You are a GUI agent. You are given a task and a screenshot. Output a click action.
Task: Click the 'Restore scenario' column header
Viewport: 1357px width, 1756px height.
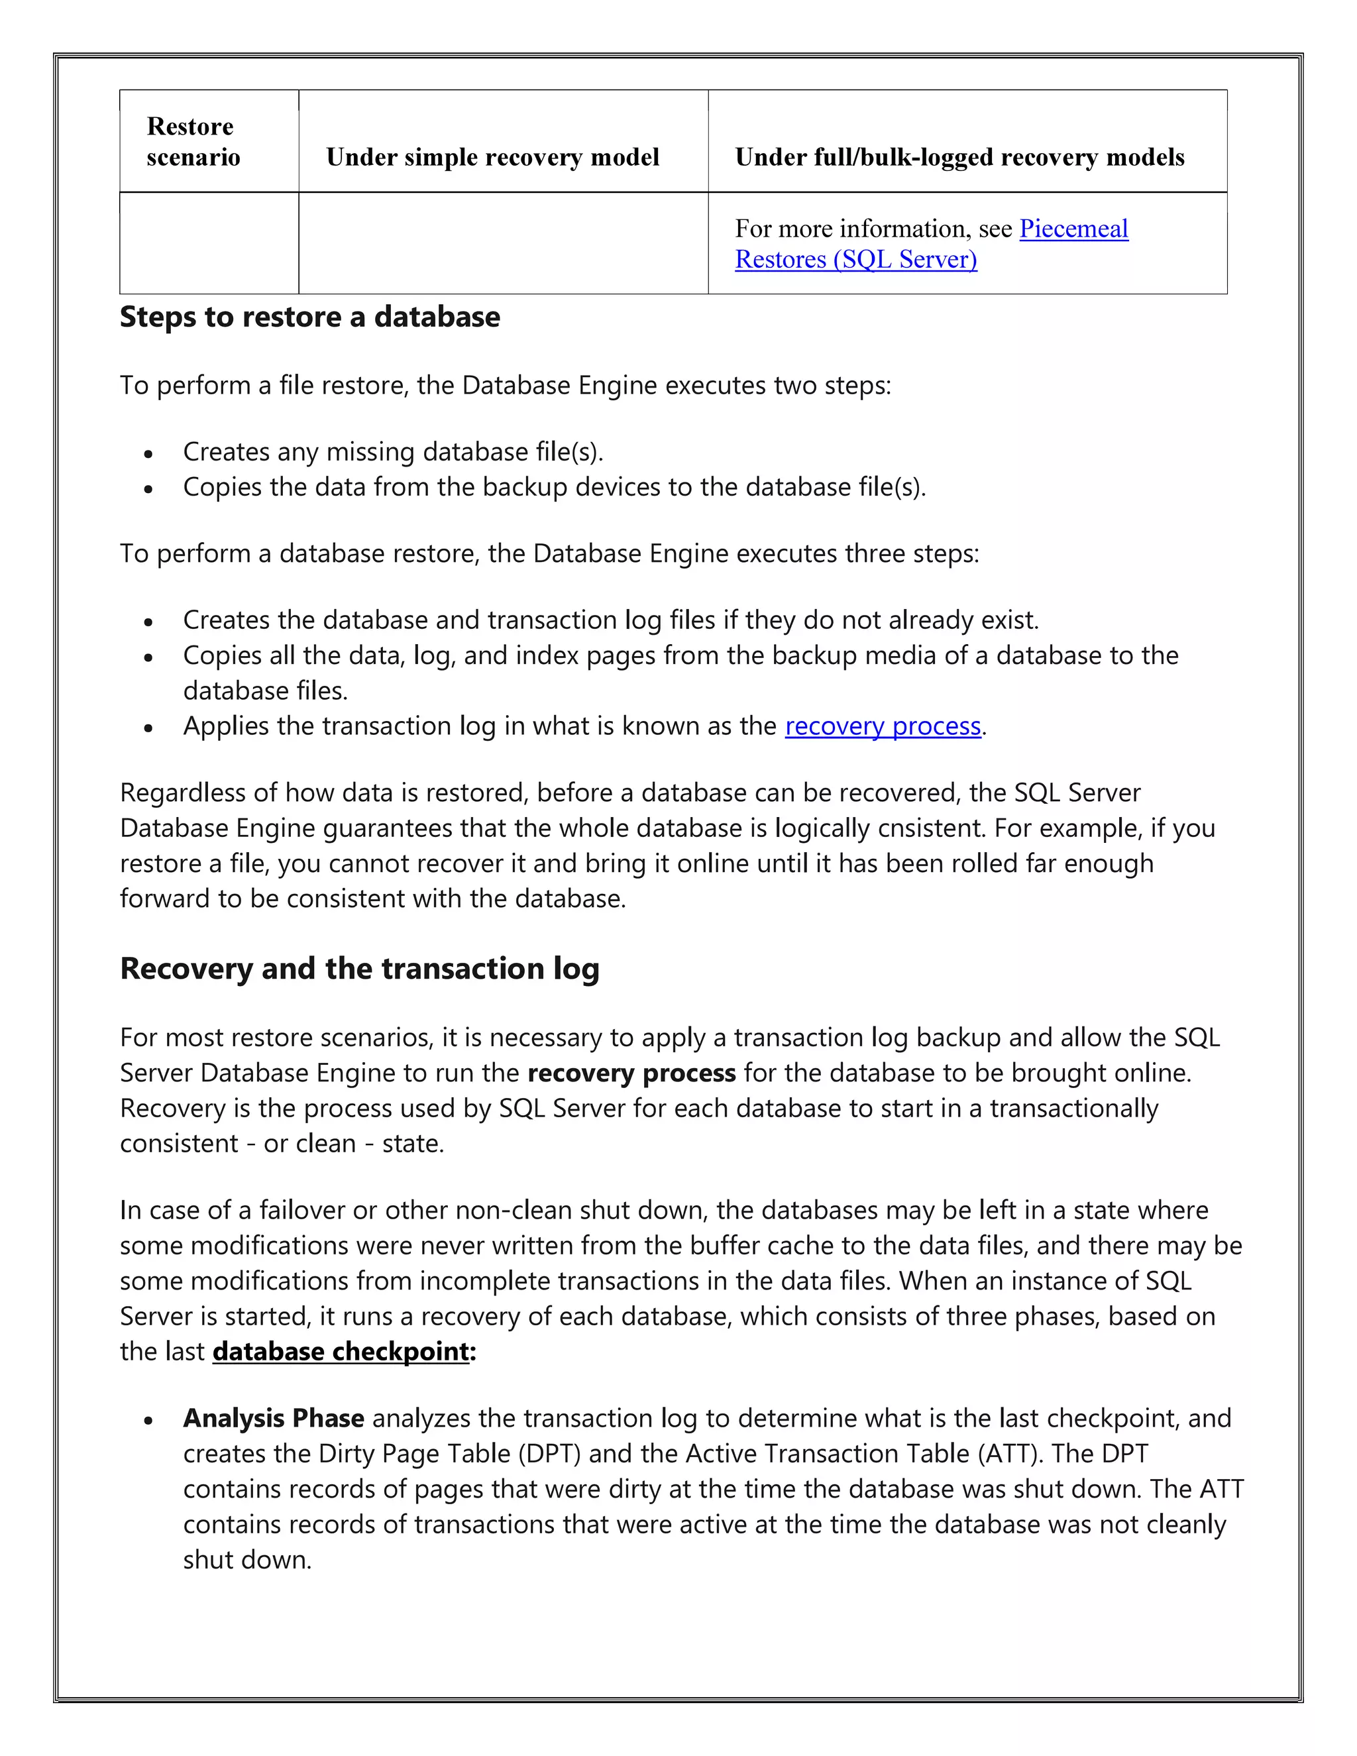193,142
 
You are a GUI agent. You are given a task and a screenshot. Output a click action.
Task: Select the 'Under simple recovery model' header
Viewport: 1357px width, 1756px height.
492,157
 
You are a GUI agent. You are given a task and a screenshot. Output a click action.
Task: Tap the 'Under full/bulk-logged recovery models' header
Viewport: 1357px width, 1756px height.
959,157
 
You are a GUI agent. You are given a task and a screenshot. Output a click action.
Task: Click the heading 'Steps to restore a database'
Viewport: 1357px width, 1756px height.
309,317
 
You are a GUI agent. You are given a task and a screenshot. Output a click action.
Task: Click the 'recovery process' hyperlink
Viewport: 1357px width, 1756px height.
883,726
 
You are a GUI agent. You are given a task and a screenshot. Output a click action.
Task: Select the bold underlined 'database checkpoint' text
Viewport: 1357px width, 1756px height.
341,1352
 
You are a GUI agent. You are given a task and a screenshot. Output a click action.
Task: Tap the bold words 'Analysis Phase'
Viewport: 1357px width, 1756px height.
274,1418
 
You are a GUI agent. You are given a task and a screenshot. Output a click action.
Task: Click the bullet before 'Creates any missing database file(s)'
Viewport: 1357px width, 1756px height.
148,453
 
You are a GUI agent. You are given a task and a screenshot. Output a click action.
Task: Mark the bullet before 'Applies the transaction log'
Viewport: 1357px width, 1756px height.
148,728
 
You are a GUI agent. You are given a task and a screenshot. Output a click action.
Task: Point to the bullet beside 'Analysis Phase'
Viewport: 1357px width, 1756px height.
148,1420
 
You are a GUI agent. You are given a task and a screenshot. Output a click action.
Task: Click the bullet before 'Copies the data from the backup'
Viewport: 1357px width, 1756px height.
148,489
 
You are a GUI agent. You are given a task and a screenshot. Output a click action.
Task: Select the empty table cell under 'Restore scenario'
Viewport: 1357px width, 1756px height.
209,243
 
